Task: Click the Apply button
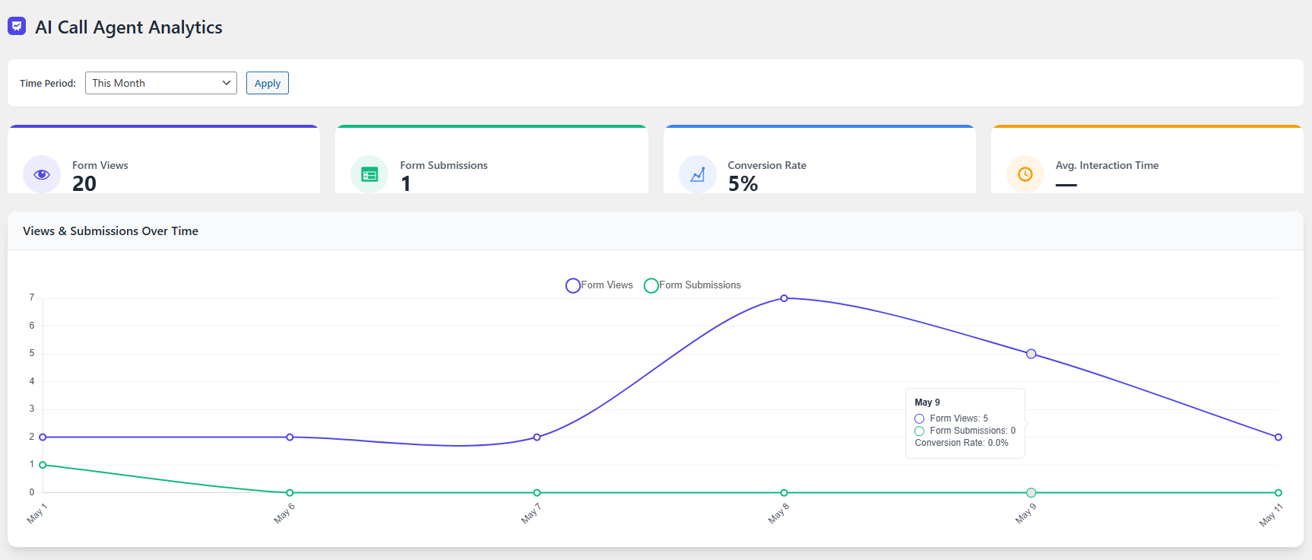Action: point(267,83)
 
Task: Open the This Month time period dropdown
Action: point(160,83)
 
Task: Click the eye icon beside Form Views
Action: point(42,174)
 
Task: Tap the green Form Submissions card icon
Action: point(369,174)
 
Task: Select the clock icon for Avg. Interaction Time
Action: point(1025,174)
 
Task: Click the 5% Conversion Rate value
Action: point(743,184)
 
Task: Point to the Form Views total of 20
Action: point(84,184)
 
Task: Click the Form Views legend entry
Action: point(600,285)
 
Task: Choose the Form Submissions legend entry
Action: point(692,285)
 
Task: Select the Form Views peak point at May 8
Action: point(784,298)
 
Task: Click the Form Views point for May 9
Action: point(1031,354)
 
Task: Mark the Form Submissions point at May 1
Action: point(43,465)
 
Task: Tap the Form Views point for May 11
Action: point(1278,437)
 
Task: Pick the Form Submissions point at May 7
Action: point(537,493)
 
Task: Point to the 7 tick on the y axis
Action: point(32,297)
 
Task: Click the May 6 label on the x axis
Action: point(284,514)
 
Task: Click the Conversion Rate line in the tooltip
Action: point(961,443)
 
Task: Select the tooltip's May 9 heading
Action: point(927,402)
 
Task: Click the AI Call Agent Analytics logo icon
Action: point(17,27)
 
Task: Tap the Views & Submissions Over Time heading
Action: point(110,231)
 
